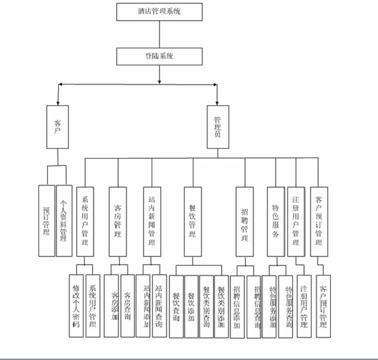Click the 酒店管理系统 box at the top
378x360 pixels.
coord(159,12)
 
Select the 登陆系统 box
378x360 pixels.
coord(159,57)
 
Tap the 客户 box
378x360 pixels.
coord(58,127)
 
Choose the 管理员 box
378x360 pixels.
coord(218,127)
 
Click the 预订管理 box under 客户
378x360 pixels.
coord(47,220)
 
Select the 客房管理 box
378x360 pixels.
coord(118,221)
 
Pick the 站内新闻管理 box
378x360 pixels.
coord(152,221)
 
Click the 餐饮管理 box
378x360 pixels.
coord(193,221)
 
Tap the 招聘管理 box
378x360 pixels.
coord(244,221)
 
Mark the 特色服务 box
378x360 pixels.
coord(276,221)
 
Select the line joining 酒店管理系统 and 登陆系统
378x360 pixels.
coord(159,34)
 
